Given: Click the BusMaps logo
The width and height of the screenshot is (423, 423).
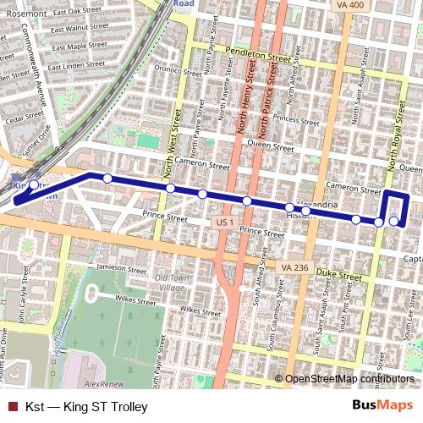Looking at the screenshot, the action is pos(382,406).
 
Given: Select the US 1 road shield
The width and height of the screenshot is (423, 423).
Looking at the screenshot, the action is pos(224,222).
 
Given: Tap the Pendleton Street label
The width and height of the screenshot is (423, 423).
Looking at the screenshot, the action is pos(263,54).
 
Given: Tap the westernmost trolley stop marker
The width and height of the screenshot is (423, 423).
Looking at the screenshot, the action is pos(34,184).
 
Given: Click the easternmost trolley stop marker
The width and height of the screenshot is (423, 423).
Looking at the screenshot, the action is pos(394,222).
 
